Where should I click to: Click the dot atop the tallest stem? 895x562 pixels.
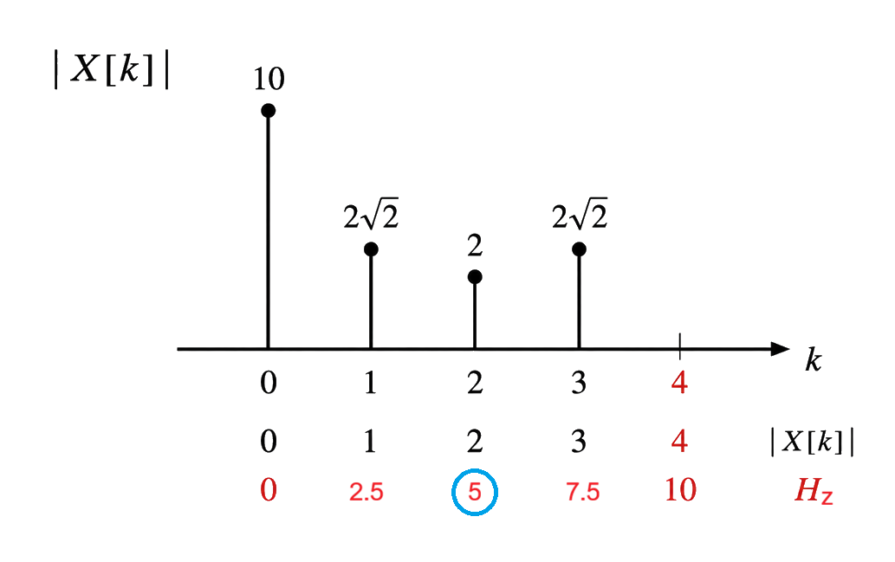269,111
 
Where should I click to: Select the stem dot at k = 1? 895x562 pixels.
371,249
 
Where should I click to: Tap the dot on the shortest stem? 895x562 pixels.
475,277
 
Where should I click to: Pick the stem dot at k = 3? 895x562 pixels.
579,249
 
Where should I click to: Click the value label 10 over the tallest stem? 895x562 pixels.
269,80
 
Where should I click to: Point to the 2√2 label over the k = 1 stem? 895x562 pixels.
371,214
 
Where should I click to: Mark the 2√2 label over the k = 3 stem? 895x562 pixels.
580,214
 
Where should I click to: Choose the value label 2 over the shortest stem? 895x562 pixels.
475,246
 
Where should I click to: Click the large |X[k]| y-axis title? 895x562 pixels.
111,69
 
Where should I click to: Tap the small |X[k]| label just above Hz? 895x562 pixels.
812,442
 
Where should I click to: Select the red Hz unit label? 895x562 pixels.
814,491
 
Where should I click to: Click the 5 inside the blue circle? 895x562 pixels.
475,492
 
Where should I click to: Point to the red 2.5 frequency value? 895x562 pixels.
366,492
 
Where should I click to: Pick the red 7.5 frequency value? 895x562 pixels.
583,492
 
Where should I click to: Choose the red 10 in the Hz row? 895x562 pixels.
680,490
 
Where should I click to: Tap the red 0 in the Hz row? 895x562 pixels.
269,490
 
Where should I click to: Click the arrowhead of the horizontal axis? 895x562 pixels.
781,349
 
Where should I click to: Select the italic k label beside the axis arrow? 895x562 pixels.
814,360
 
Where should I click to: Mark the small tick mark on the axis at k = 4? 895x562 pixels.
680,346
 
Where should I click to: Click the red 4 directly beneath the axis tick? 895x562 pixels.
679,383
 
